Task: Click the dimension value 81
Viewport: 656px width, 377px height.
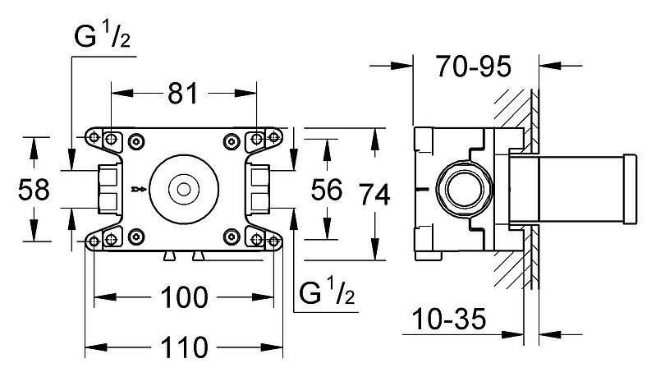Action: pos(182,94)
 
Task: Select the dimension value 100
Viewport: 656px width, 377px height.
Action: pos(184,297)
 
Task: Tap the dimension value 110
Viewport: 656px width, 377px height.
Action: pos(184,347)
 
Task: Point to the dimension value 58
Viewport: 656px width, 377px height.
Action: pos(34,189)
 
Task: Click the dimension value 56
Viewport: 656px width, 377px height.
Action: pos(327,189)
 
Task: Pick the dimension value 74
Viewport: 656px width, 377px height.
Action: pos(375,195)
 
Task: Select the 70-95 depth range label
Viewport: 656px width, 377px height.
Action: pos(473,66)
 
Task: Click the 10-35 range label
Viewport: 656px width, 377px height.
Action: pos(449,320)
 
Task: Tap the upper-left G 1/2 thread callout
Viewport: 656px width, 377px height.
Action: pos(102,35)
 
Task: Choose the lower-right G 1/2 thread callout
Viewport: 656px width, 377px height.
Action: pos(327,292)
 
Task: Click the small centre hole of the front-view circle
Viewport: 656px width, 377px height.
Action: pos(183,190)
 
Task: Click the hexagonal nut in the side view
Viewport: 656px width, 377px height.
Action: pos(465,189)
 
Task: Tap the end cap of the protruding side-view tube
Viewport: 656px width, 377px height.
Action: pos(630,189)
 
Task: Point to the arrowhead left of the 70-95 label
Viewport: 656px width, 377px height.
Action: pos(402,66)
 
